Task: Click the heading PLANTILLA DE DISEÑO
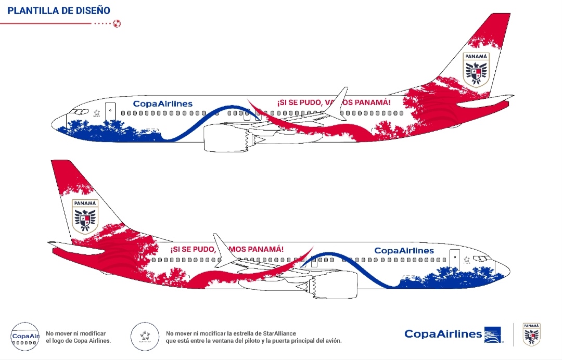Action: pyautogui.click(x=59, y=10)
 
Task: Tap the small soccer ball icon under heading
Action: pyautogui.click(x=117, y=23)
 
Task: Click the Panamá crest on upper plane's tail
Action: pyautogui.click(x=476, y=69)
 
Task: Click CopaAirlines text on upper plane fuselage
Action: pyautogui.click(x=162, y=104)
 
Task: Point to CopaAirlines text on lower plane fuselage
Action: pyautogui.click(x=404, y=251)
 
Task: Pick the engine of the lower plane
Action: pyautogui.click(x=336, y=285)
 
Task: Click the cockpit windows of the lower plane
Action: pyautogui.click(x=483, y=259)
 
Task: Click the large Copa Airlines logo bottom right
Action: pyautogui.click(x=452, y=335)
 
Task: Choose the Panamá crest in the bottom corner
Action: pyautogui.click(x=531, y=334)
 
